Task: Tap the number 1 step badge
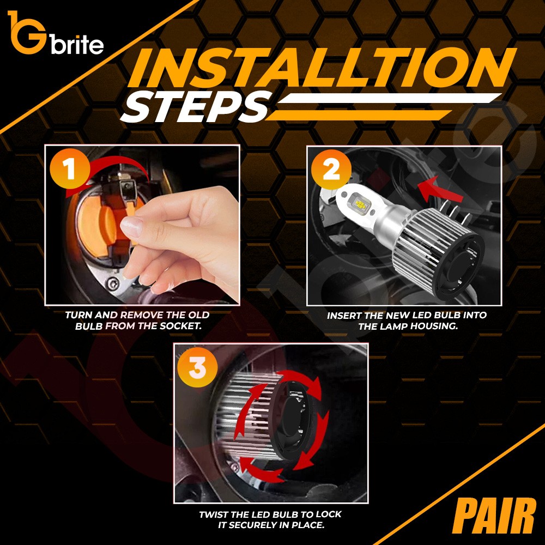(x=70, y=169)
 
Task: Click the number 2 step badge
(x=331, y=170)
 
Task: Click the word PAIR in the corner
(x=494, y=516)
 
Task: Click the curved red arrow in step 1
(x=114, y=162)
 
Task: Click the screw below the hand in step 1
(x=113, y=284)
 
